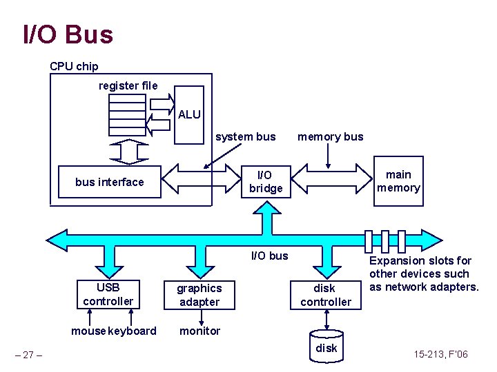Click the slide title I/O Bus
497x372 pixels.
68,34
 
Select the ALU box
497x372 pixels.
189,114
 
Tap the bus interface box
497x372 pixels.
109,182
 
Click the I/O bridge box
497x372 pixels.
266,182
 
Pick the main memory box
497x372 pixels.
398,181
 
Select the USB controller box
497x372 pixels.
108,294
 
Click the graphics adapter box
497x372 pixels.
199,295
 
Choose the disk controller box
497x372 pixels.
325,295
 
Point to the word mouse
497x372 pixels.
88,331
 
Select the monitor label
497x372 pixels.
199,331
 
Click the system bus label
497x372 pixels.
245,136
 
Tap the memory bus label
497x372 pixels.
330,136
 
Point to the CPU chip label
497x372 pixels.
74,66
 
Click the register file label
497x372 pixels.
128,85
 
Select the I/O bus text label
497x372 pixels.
269,256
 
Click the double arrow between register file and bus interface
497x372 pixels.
126,151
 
